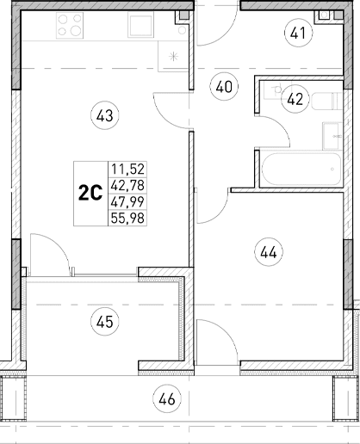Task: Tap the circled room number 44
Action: (x=268, y=252)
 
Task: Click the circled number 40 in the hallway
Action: (x=224, y=86)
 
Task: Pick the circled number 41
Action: (x=298, y=34)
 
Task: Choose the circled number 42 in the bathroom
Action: (x=295, y=99)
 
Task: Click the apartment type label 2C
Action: (x=90, y=194)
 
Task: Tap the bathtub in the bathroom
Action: (x=296, y=169)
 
